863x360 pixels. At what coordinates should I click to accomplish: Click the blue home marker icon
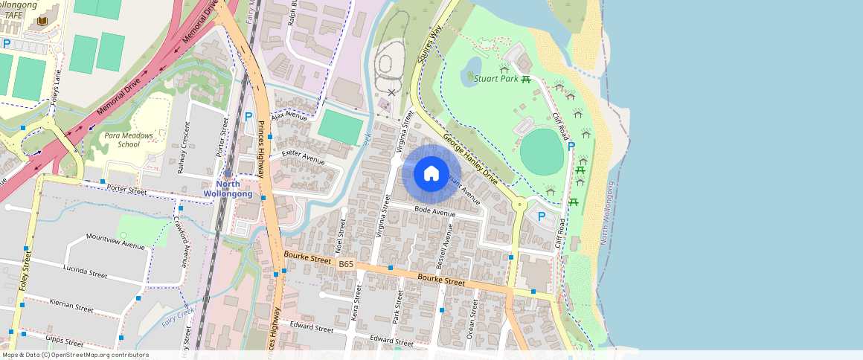431,174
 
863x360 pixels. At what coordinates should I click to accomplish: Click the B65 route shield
346,264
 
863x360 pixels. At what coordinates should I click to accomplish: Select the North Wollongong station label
228,189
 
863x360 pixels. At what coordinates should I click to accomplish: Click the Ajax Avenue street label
289,117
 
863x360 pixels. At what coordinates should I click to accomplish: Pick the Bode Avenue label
434,213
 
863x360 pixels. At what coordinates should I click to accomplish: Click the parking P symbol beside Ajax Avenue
248,118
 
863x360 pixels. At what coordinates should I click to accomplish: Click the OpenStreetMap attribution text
74,355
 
